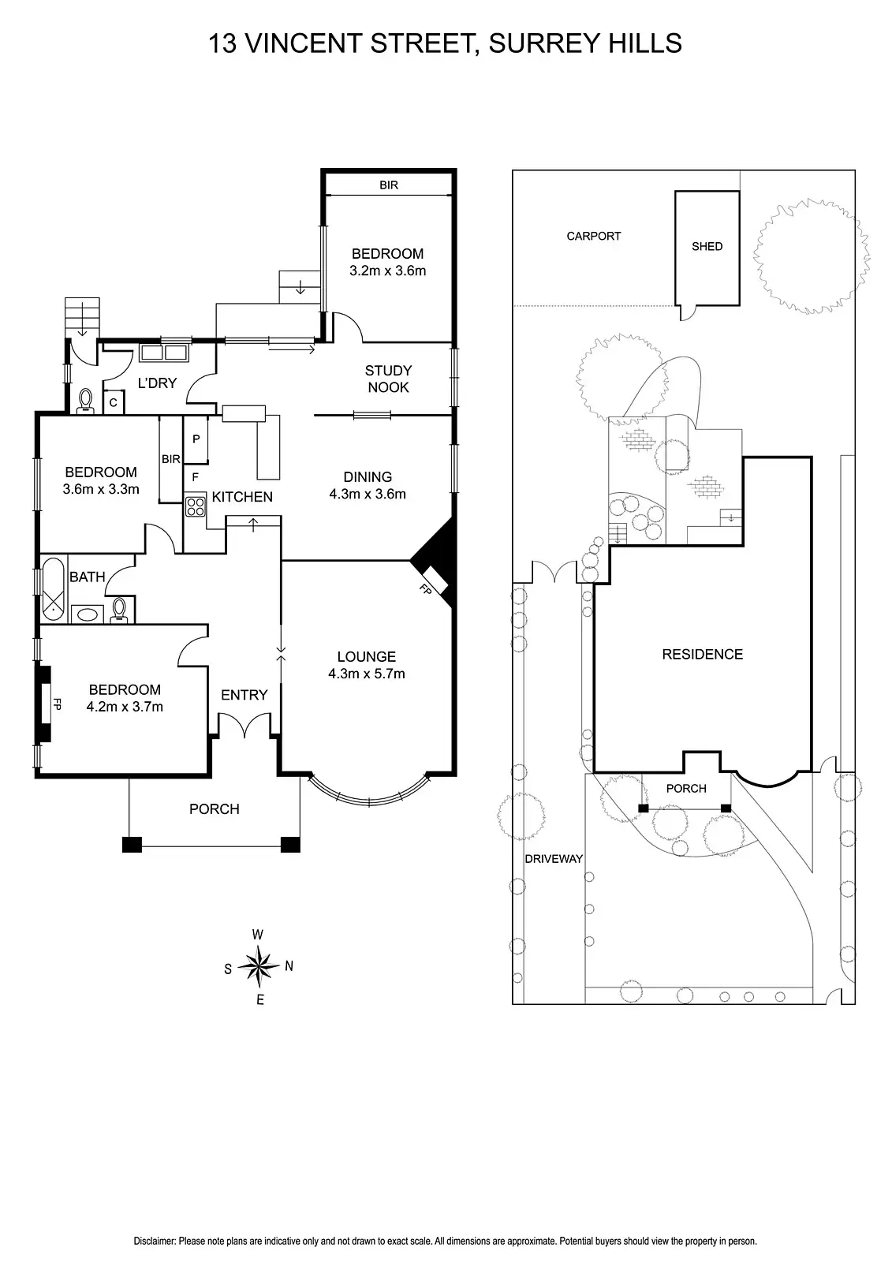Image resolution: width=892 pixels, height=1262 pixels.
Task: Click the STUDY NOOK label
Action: click(x=388, y=379)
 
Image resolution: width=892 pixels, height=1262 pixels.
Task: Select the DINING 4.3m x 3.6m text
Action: click(x=368, y=485)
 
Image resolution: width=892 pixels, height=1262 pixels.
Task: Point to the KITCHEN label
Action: click(x=242, y=497)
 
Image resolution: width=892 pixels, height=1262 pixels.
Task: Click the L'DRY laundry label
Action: click(x=157, y=383)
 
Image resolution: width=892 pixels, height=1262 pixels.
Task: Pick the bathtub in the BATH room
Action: click(x=53, y=587)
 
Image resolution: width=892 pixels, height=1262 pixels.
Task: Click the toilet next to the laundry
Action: click(x=86, y=401)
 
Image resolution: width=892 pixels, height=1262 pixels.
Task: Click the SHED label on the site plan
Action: click(x=707, y=246)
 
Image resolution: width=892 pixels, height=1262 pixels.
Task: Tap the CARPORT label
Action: click(x=594, y=236)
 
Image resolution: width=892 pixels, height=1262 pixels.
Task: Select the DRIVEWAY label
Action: click(x=554, y=858)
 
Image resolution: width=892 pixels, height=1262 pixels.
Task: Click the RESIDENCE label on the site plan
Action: click(x=702, y=654)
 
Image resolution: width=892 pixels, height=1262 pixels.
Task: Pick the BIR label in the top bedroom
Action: click(x=389, y=185)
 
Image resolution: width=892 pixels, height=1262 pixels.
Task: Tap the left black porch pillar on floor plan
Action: click(x=132, y=844)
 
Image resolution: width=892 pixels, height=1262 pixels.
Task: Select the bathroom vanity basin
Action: click(x=85, y=613)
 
